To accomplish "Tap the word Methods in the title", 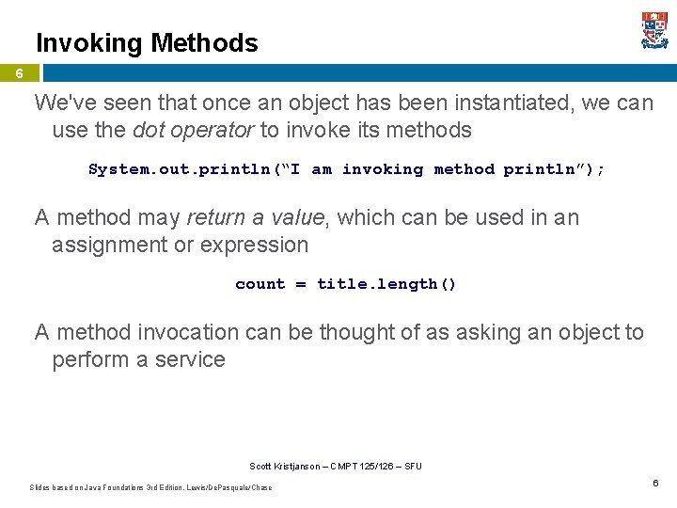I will [204, 43].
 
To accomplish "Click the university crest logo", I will [654, 30].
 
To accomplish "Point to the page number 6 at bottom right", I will [655, 483].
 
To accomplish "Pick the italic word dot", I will [149, 130].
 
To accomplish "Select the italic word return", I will [215, 217].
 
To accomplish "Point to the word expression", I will [258, 245].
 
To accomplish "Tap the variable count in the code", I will [260, 284].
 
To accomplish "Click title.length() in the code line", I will [386, 284].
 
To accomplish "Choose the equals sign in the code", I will [301, 284].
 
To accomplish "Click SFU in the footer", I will [414, 467].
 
